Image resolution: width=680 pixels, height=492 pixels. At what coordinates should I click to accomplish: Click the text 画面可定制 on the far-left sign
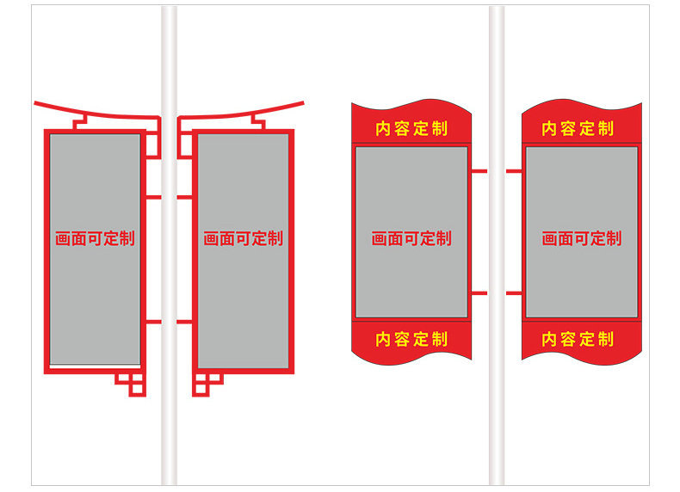click(95, 239)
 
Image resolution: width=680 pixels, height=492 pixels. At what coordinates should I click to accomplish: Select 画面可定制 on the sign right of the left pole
click(243, 239)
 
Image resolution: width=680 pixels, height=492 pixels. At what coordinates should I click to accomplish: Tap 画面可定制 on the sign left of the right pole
click(411, 239)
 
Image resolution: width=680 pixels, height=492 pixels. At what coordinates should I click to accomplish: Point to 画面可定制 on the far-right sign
click(581, 239)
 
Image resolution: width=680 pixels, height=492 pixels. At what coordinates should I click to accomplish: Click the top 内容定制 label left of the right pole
click(411, 129)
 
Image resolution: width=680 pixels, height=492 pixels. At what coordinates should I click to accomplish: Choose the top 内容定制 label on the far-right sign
click(578, 129)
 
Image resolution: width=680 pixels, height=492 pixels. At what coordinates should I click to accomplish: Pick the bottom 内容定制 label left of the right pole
click(411, 340)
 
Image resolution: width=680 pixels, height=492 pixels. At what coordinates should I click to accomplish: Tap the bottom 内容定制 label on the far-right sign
click(578, 340)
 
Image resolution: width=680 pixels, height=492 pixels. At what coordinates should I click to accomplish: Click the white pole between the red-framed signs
click(169, 258)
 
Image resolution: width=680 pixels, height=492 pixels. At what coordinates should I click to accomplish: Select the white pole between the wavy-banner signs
click(497, 258)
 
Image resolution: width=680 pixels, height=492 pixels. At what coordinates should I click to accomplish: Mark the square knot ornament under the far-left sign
click(131, 383)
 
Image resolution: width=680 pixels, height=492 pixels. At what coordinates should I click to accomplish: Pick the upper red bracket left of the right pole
click(479, 171)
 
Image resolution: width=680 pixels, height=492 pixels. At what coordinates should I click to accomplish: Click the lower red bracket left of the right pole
click(479, 294)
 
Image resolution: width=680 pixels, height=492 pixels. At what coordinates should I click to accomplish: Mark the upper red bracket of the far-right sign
click(514, 171)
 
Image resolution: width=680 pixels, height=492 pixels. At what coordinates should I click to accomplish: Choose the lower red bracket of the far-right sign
click(514, 294)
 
